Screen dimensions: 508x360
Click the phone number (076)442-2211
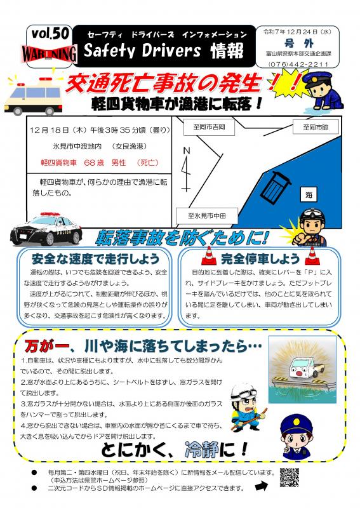click(x=298, y=64)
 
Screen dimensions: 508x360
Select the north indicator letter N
click(x=185, y=150)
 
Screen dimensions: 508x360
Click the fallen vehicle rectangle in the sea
click(x=276, y=188)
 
